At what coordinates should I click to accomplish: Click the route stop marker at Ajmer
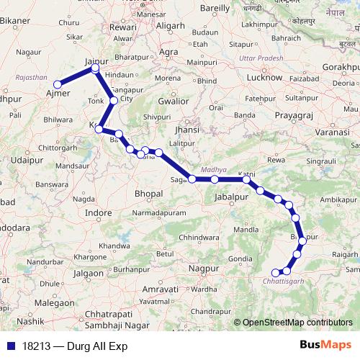(x=58, y=84)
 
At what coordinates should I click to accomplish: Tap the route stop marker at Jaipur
(x=96, y=68)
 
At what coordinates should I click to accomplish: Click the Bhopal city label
(x=150, y=194)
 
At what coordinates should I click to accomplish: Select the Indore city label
(x=98, y=213)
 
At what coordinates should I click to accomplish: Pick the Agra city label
(x=168, y=53)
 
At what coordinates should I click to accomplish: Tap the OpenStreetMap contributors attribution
(x=297, y=323)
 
